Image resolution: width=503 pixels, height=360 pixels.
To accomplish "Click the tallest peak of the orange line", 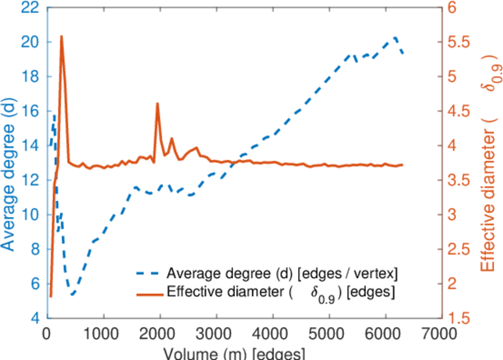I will click(61, 37).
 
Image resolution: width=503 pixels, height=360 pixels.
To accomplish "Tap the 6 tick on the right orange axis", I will click(453, 8).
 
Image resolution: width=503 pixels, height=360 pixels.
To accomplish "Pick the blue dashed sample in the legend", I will click(148, 275).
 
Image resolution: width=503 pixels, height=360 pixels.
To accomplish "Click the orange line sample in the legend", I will click(148, 294).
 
